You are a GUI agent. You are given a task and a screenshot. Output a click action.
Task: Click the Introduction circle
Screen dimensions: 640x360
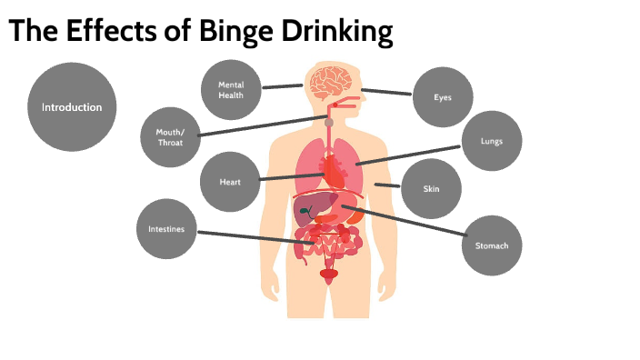(x=72, y=107)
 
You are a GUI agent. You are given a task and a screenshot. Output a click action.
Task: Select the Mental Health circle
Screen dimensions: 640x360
(x=231, y=89)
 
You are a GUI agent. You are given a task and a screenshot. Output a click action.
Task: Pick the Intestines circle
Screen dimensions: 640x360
(x=166, y=229)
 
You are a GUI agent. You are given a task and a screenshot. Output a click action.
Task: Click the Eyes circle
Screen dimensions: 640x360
(x=443, y=96)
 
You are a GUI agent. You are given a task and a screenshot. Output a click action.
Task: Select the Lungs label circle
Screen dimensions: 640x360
(x=491, y=142)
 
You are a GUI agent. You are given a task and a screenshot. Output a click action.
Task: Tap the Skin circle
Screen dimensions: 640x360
(x=432, y=189)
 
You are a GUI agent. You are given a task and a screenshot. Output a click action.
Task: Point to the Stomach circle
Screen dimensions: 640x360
(x=492, y=245)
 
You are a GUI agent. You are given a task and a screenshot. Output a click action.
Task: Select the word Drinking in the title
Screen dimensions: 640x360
(x=342, y=32)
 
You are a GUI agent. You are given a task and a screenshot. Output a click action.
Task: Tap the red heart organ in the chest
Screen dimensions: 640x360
(x=335, y=168)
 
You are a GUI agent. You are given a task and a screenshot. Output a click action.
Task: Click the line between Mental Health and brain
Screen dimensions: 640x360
(x=283, y=87)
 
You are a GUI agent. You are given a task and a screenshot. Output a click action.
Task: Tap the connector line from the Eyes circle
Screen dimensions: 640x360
(x=386, y=92)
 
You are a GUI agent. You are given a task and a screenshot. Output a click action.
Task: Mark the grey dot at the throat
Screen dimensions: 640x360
(x=330, y=122)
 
